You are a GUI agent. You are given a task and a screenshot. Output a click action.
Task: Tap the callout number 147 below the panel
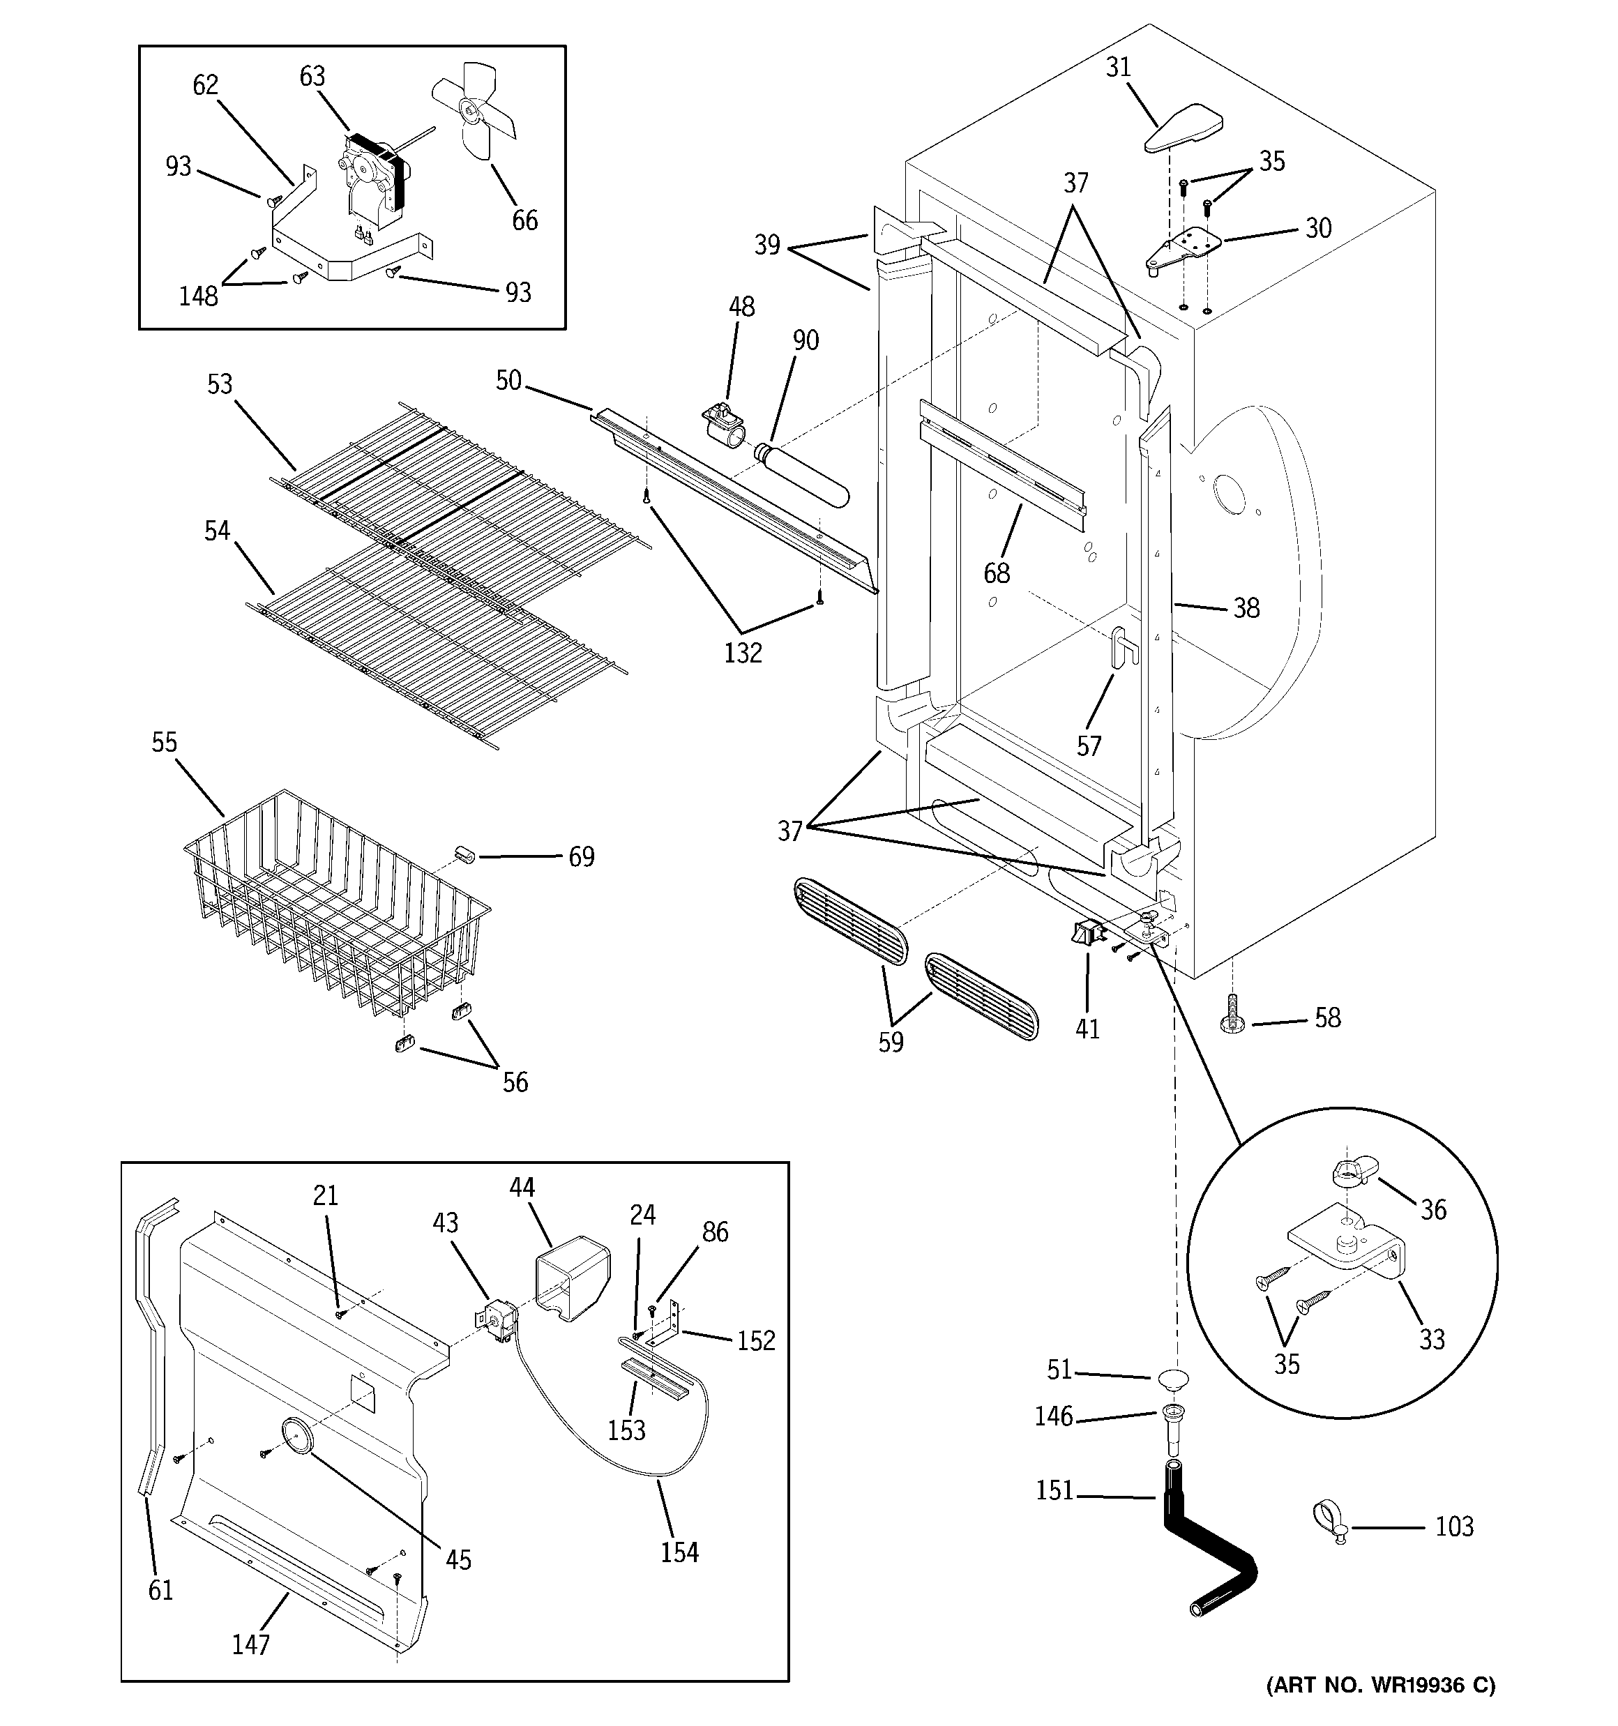click(x=251, y=1644)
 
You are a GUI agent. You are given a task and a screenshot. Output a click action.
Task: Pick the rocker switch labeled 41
click(x=1086, y=934)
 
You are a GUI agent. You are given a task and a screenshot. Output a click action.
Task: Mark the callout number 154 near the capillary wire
click(x=679, y=1552)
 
